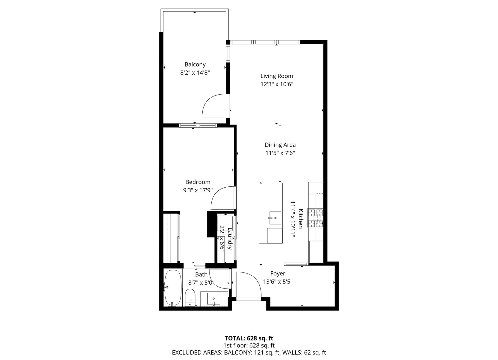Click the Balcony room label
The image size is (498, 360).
195,64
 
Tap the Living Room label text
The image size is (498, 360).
277,76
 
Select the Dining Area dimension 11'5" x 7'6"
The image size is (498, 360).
280,153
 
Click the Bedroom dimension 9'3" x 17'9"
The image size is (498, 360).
198,190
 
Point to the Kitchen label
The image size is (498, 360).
301,219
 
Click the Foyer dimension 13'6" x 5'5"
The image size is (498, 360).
278,282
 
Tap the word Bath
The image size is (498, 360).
201,274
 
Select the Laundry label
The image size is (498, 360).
230,239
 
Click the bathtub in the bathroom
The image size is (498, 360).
173,288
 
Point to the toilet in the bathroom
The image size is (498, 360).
190,297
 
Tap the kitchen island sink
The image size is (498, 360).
275,218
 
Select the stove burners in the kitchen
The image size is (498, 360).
315,218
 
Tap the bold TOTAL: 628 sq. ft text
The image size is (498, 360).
249,338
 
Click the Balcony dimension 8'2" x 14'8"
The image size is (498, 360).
195,73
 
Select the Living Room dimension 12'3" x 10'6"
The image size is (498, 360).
277,84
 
